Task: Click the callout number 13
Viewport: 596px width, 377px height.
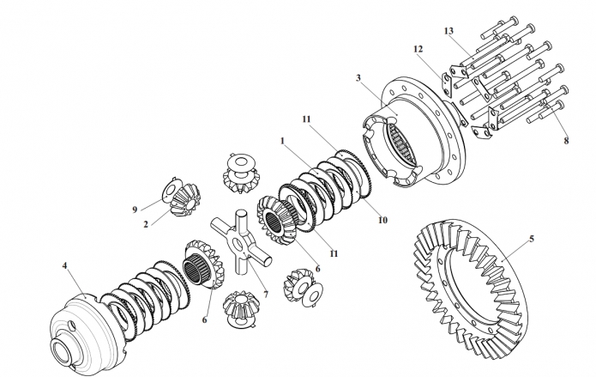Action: pos(449,31)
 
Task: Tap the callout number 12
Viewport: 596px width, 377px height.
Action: pos(418,49)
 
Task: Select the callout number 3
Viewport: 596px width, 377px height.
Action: pos(358,78)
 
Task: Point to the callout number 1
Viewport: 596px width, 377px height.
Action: pos(282,142)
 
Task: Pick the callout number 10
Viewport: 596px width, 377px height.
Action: pos(382,220)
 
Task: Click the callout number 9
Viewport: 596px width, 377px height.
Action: pos(135,210)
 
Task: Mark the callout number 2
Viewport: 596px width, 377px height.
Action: pos(146,224)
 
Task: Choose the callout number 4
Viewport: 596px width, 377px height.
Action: pos(64,265)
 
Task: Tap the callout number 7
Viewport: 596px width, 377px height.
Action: pos(265,295)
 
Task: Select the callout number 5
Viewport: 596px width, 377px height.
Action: pos(532,239)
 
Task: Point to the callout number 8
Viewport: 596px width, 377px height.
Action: pos(566,141)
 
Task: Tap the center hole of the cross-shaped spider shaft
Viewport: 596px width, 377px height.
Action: pos(237,243)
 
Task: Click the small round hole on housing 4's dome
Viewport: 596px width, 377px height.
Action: pos(72,325)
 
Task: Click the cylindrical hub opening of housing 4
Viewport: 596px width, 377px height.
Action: pos(62,351)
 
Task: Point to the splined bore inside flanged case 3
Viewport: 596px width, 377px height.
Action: pos(399,145)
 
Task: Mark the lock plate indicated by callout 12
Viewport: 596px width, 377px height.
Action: pos(446,88)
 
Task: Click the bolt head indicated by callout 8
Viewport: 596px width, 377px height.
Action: pos(560,103)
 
